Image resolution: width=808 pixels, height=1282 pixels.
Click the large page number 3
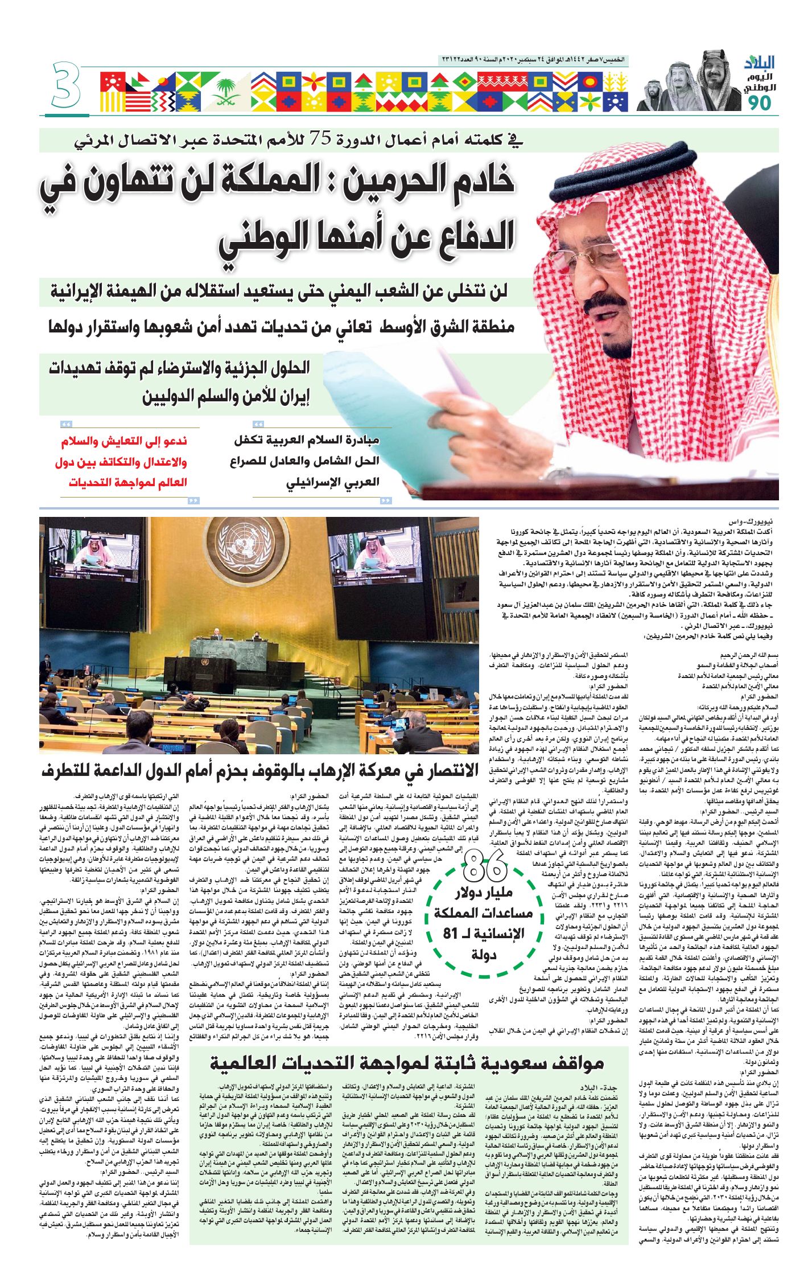pyautogui.click(x=66, y=86)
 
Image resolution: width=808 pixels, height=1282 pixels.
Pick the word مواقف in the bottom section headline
pyautogui.click(x=575, y=1063)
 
